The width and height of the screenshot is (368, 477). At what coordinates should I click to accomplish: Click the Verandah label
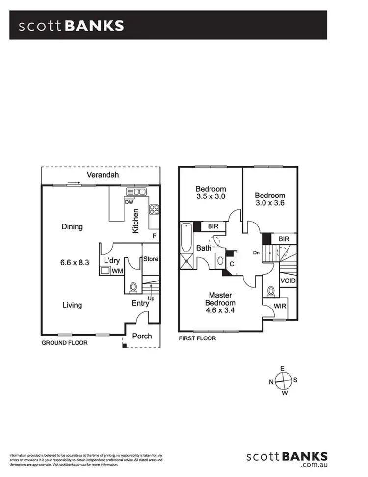(x=103, y=175)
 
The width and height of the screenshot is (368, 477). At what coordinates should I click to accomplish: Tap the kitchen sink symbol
(x=136, y=191)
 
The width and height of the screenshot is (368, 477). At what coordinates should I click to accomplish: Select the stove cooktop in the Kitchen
(x=154, y=210)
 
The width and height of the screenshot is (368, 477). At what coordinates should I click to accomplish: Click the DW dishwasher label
(x=130, y=202)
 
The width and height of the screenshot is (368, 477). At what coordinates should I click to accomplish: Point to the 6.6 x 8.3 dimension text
(x=72, y=263)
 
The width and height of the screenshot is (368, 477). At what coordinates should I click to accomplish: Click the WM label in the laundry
(x=117, y=270)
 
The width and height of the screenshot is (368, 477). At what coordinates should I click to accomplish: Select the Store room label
(x=151, y=259)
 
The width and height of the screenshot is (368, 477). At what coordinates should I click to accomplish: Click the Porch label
(x=142, y=336)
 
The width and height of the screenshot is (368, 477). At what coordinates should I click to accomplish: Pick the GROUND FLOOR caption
(x=64, y=343)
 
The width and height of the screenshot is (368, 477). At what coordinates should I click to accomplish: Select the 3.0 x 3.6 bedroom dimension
(x=270, y=202)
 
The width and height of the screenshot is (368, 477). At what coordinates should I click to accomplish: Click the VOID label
(x=288, y=281)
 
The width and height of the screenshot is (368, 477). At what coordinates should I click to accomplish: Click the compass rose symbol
(x=283, y=380)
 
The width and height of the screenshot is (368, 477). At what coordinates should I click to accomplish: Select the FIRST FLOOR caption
(x=197, y=338)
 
